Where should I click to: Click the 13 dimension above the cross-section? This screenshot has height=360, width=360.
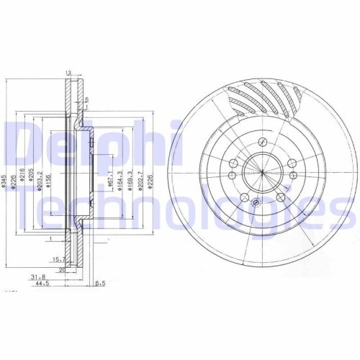69,73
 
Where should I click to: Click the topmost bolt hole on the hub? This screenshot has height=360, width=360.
264,141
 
